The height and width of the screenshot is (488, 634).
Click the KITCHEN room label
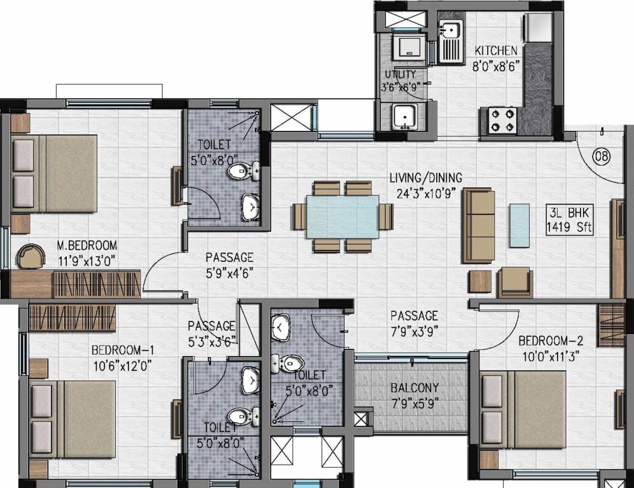point(496,50)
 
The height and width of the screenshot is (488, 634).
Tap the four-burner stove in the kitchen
point(502,121)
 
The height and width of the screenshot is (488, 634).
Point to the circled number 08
point(600,156)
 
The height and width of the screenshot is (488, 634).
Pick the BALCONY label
point(414,388)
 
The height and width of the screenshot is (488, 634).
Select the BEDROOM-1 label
point(123,350)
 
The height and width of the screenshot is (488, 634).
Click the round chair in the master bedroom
point(31,256)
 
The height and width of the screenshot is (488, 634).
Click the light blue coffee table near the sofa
point(519,224)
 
